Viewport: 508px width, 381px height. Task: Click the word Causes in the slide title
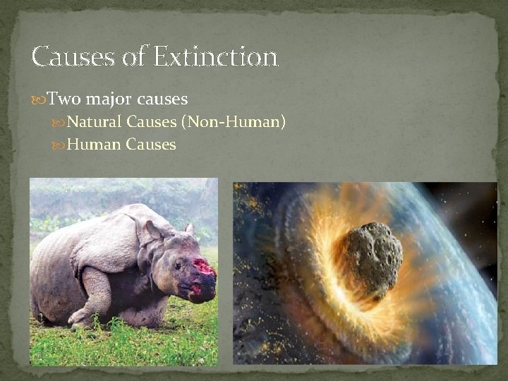click(x=73, y=56)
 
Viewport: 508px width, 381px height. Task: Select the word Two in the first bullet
click(x=64, y=99)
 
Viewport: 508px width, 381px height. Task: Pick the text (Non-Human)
click(x=234, y=123)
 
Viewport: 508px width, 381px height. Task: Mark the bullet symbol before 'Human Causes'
click(x=59, y=145)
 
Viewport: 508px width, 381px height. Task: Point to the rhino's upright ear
click(x=189, y=229)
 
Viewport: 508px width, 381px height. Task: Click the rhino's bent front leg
click(x=95, y=296)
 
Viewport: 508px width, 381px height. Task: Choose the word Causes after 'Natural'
click(x=152, y=123)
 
